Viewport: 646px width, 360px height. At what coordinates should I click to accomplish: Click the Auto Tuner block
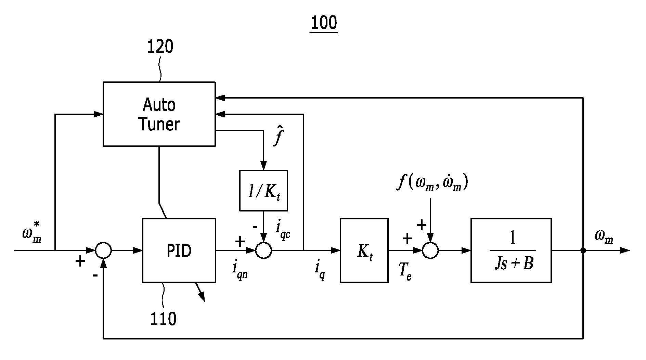(159, 114)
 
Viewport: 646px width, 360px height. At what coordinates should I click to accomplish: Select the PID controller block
(179, 250)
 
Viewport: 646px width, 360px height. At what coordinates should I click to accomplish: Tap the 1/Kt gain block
(263, 190)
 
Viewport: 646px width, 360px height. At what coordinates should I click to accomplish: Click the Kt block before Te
(364, 250)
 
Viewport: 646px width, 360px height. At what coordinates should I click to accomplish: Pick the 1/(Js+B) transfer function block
(511, 250)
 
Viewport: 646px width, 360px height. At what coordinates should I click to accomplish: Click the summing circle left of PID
(103, 250)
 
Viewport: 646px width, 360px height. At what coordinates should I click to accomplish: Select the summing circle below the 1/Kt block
(263, 250)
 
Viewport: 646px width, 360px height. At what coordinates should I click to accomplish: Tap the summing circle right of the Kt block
(430, 250)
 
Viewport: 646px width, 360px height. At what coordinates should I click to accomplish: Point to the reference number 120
(160, 47)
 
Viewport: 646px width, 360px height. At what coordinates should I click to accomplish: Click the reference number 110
(164, 319)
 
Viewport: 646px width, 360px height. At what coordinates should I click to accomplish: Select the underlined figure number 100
(324, 23)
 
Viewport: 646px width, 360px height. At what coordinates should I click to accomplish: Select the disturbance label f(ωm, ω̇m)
(432, 183)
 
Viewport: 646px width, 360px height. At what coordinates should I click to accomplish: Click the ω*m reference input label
(31, 232)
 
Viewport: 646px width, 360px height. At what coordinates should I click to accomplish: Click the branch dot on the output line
(583, 250)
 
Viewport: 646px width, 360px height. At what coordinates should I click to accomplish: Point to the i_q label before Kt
(319, 271)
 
